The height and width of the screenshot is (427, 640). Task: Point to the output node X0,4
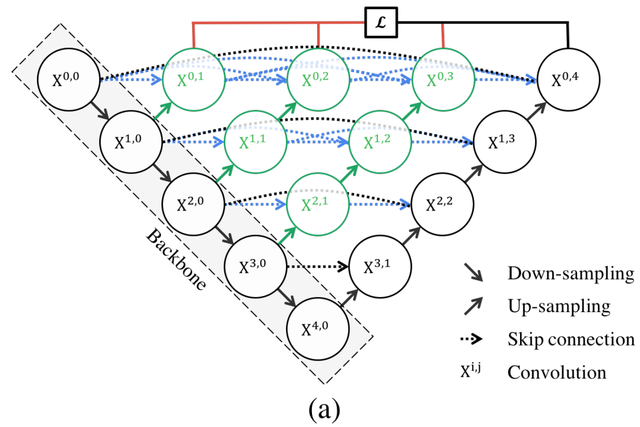[x=568, y=79]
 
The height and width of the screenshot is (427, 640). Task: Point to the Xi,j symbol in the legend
[x=470, y=370]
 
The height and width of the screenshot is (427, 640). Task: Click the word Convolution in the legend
[x=556, y=372]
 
